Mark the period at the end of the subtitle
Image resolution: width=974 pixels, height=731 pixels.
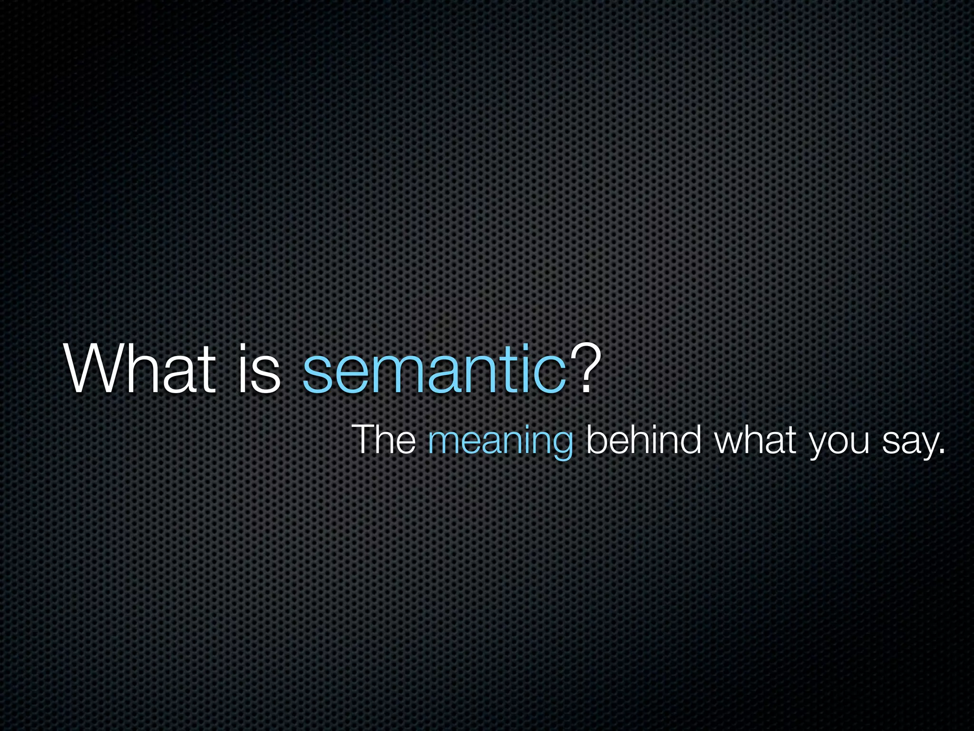(941, 451)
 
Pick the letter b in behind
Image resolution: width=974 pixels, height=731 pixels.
(596, 439)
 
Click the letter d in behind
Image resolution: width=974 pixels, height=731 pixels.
(690, 439)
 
